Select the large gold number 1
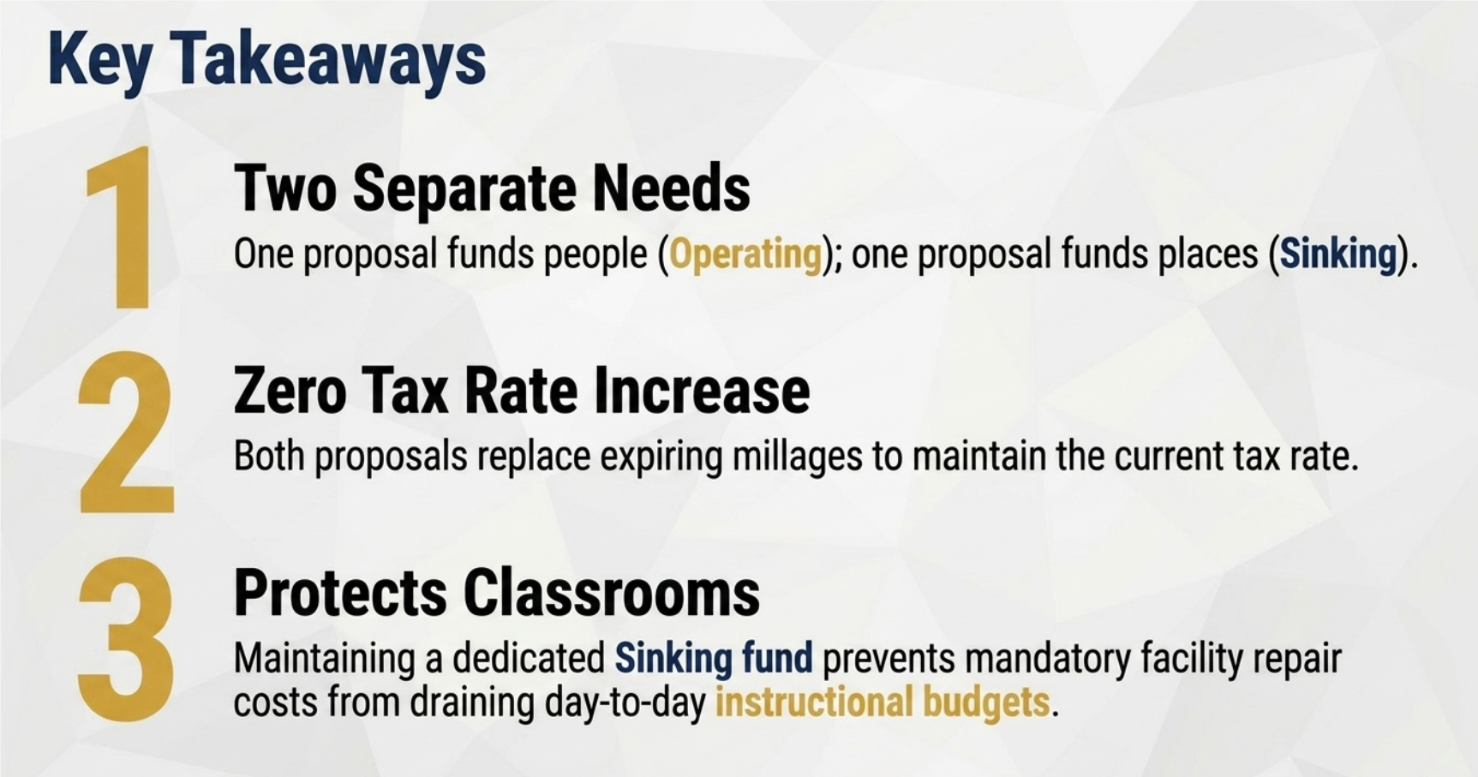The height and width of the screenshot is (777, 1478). pos(121,226)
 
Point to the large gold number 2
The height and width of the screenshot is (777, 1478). pos(125,433)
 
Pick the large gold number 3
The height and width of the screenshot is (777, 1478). pos(126,637)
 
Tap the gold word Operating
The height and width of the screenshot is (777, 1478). pos(745,254)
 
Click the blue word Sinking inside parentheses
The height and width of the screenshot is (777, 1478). pos(1338,254)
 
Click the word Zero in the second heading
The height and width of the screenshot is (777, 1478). pos(290,391)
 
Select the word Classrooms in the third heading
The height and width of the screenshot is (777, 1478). pos(612,593)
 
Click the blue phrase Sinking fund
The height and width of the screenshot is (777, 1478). pos(714,659)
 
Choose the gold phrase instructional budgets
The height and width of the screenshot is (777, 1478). pos(883,702)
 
